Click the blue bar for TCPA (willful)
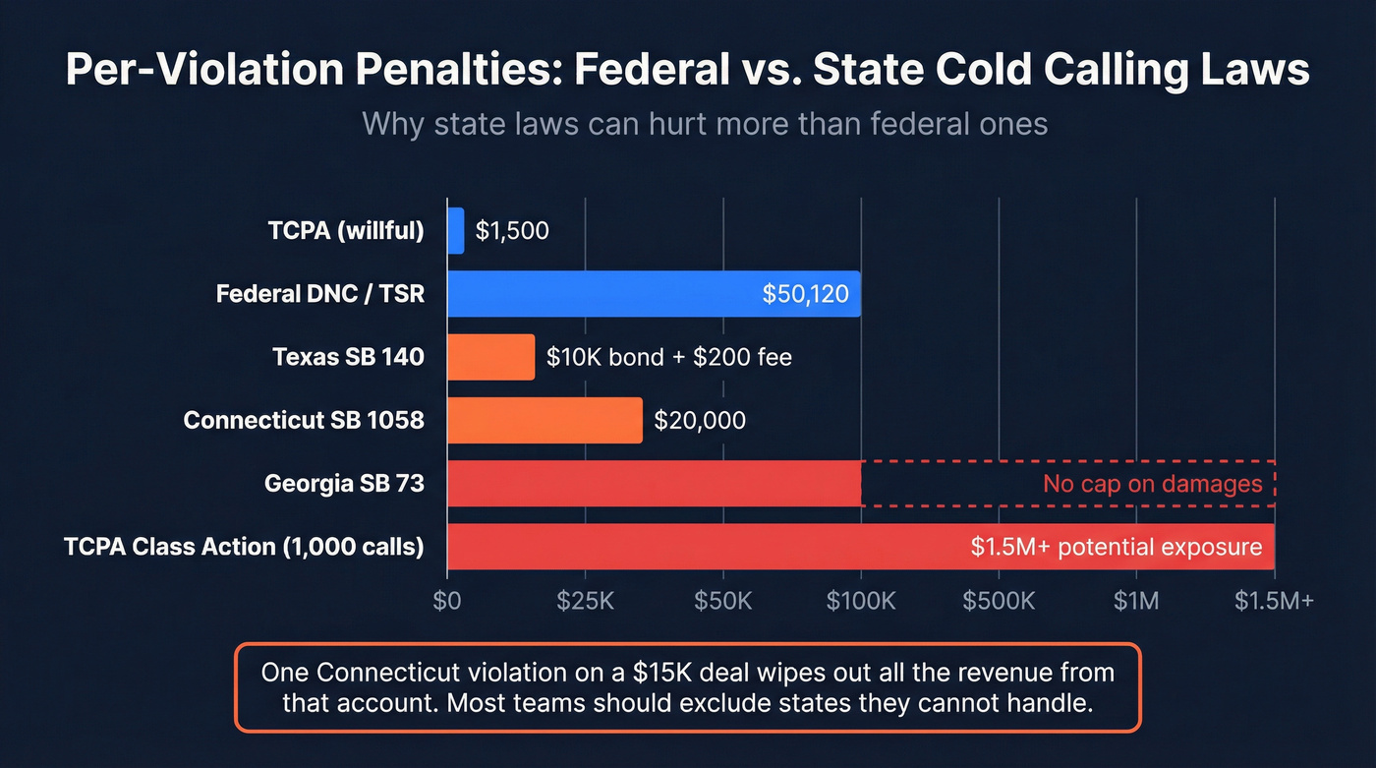(455, 231)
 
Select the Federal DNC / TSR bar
(654, 294)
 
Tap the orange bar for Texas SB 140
(490, 357)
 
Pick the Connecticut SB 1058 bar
(545, 421)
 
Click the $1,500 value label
(512, 231)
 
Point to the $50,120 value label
(805, 294)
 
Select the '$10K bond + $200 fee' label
(669, 357)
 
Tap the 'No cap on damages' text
(1152, 484)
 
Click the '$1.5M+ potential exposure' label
(1116, 547)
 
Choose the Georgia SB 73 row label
(344, 484)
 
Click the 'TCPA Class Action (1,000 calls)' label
(244, 547)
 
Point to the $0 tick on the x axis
(447, 601)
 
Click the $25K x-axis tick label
(585, 601)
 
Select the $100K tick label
(861, 601)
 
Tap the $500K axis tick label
(999, 601)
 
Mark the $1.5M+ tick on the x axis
(1274, 601)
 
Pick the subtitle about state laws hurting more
(704, 124)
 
